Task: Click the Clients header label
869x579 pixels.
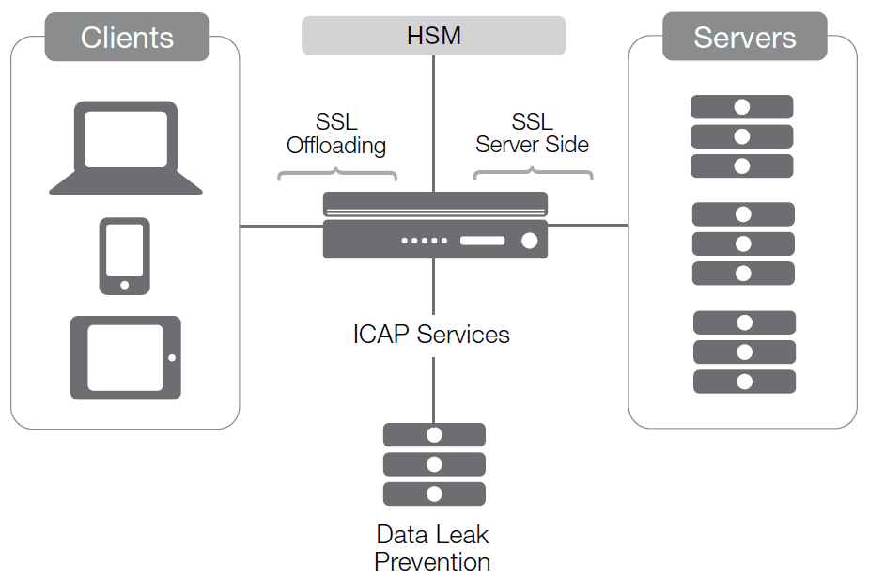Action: (127, 38)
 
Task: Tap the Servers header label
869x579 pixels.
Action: (744, 38)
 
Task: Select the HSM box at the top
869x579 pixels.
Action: (433, 36)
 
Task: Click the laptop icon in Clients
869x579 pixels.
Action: (126, 148)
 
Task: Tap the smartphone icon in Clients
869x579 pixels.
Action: (125, 255)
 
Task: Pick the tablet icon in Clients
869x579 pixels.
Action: (126, 357)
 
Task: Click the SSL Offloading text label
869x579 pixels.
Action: (336, 134)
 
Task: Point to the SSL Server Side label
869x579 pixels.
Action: (532, 133)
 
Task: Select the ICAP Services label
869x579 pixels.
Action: (431, 335)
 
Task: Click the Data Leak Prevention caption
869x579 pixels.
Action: (432, 548)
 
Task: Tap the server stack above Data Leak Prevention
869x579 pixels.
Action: (434, 464)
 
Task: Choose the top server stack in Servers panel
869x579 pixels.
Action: (742, 136)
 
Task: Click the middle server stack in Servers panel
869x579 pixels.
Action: (743, 243)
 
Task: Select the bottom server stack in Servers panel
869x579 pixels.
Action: (744, 352)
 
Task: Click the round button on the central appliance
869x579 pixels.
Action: (529, 241)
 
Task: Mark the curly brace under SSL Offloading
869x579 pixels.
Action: (336, 174)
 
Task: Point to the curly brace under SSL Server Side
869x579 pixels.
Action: (533, 174)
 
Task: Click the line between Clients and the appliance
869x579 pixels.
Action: (281, 227)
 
